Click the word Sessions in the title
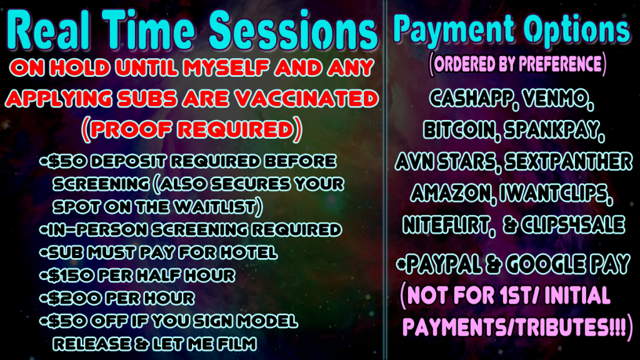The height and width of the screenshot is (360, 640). pos(293,30)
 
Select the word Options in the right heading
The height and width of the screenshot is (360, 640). pos(577,29)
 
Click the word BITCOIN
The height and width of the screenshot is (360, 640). pos(460,130)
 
